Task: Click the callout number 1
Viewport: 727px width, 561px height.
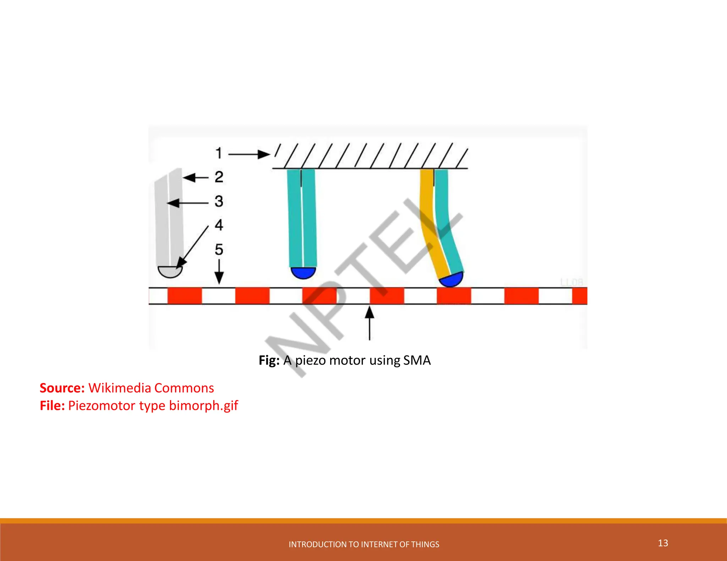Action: pos(219,153)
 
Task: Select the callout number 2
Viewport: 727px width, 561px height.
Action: pos(219,177)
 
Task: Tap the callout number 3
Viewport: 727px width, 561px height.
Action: pos(219,201)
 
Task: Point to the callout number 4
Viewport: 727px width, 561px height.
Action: pos(219,225)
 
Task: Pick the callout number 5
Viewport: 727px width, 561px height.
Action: pos(219,250)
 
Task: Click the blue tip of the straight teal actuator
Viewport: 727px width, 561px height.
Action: pos(303,273)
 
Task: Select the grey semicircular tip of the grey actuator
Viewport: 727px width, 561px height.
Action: pos(170,272)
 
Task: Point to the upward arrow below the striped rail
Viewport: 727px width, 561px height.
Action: pos(370,323)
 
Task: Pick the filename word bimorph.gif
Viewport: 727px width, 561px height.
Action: pos(203,405)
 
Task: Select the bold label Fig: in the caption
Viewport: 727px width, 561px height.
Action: pos(269,360)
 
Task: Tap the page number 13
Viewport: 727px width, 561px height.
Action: pos(663,543)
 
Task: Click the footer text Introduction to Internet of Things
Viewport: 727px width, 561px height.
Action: pos(364,544)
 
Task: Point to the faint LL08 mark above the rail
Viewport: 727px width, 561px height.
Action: pos(572,282)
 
